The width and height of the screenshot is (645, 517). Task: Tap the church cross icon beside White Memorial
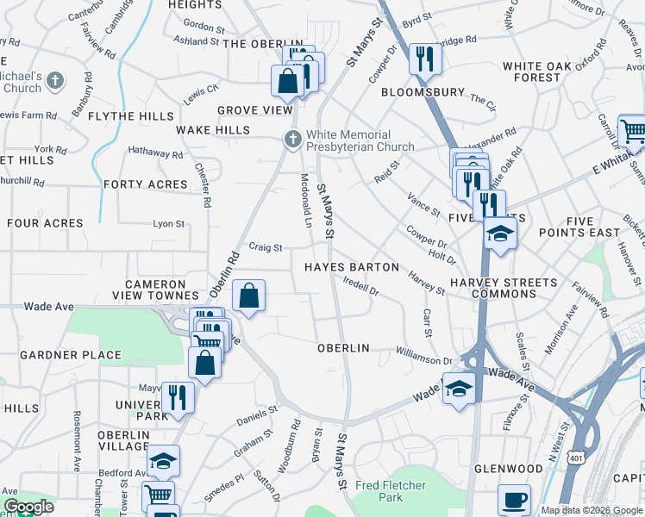point(293,138)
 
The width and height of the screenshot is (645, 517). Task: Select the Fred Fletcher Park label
point(391,491)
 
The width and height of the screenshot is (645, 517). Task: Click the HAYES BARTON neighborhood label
point(352,267)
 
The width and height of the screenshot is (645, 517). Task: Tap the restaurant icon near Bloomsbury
point(425,59)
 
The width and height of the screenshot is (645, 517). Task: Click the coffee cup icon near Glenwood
point(515,500)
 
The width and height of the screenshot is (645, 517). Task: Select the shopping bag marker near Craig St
point(248,296)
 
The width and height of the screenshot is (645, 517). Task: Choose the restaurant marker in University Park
point(177,397)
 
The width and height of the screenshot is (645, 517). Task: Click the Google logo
point(28,508)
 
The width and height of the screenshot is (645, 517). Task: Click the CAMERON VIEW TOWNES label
point(155,289)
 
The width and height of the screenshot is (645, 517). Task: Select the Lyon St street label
point(169,224)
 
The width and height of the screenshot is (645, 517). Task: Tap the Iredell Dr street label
point(360,285)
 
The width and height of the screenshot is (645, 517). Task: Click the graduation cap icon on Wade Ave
point(459,389)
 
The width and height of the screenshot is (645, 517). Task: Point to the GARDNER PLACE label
point(71,355)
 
